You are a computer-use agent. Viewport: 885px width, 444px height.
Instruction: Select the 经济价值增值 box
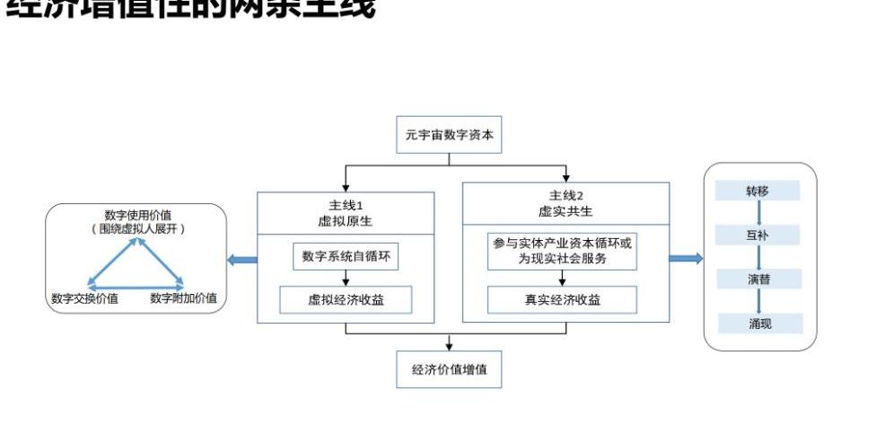pos(449,369)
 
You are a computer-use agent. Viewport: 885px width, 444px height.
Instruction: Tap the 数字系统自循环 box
pos(346,256)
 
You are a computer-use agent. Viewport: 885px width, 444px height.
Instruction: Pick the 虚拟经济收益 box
pos(346,300)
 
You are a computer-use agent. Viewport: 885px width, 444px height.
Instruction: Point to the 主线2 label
pos(565,197)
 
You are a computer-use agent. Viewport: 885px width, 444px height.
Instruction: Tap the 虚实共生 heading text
pos(565,212)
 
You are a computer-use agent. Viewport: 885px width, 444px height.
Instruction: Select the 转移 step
pos(758,191)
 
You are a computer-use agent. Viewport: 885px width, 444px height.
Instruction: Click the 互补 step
pos(758,235)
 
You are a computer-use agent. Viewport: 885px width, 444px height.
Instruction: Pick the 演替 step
pos(758,280)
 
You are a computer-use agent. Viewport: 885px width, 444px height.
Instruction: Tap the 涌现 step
pos(759,324)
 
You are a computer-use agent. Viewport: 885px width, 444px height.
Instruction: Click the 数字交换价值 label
pos(84,298)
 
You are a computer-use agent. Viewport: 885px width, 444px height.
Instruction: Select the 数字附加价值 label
pos(183,298)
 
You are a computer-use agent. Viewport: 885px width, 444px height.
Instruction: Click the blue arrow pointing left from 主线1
pos(242,261)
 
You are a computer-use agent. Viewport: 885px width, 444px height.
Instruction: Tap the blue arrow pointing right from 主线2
pos(686,259)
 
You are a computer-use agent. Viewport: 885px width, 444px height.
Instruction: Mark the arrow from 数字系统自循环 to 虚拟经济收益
pos(346,278)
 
